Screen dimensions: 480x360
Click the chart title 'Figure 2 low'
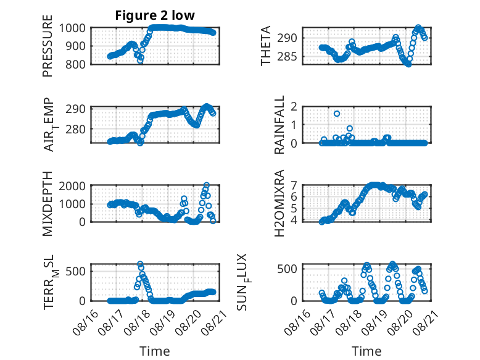point(155,15)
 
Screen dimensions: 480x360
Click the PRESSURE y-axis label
point(48,46)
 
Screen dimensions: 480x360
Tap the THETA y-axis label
point(266,46)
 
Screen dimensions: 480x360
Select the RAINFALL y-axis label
point(279,125)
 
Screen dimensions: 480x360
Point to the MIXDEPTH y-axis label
point(48,204)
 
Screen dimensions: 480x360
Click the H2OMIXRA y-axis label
point(279,203)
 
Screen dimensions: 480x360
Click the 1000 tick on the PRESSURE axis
point(72,28)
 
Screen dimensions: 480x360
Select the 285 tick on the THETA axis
point(287,57)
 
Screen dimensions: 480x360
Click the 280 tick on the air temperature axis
point(76,129)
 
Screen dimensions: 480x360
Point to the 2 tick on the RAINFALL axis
point(294,107)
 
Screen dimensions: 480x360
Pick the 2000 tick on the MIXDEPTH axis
point(72,186)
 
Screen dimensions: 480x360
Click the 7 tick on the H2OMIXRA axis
point(294,185)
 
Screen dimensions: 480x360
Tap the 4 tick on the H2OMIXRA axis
point(294,220)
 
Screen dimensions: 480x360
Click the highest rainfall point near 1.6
point(337,114)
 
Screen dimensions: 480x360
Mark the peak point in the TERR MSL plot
point(140,264)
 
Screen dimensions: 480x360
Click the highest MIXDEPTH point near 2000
point(206,185)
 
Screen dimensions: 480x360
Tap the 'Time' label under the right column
point(366,351)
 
